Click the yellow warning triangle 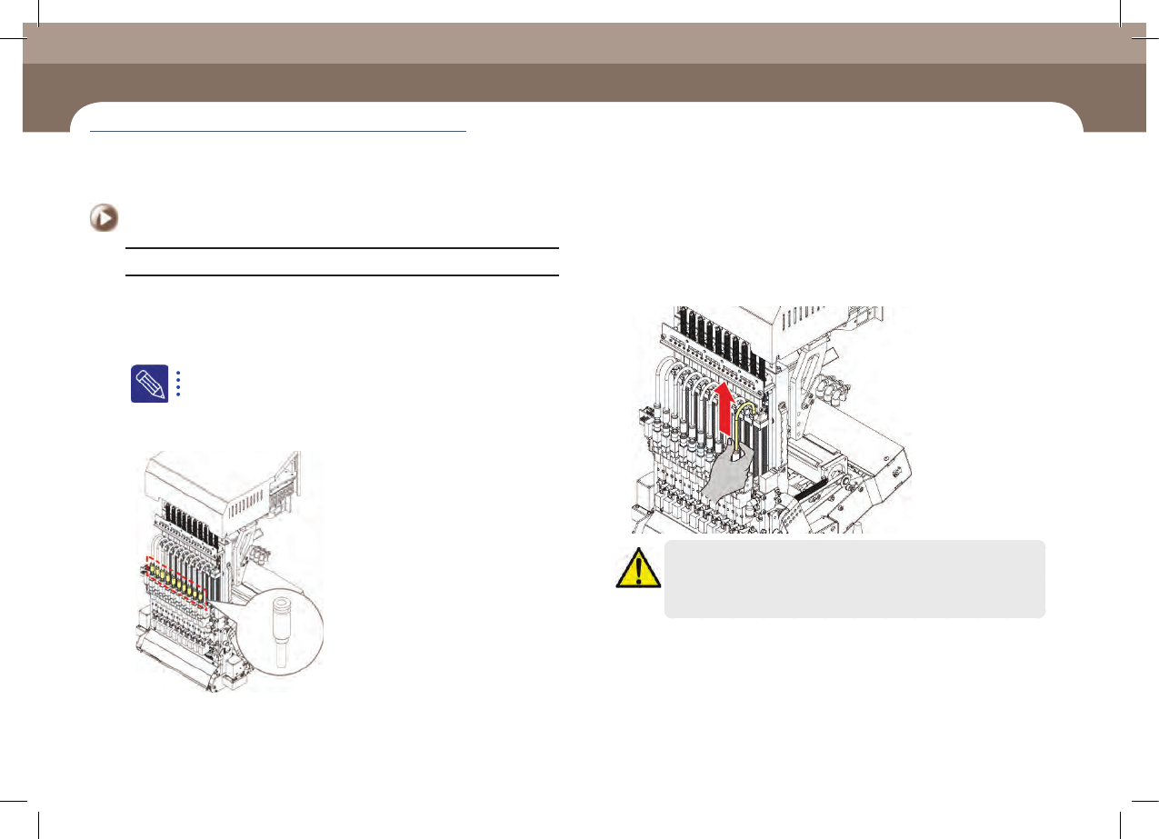point(638,568)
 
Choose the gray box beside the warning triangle point(854,579)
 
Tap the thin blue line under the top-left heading point(277,132)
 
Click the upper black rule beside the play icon point(341,247)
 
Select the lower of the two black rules point(341,275)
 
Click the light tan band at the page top point(582,43)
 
